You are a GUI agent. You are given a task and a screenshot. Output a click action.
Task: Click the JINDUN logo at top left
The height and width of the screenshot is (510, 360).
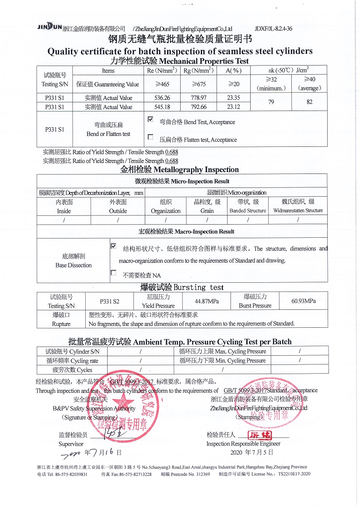tap(49, 28)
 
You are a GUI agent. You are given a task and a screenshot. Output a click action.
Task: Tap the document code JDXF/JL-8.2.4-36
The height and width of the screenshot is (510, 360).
tap(273, 28)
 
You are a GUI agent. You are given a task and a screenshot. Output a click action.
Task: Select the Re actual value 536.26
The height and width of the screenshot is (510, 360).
tap(159, 98)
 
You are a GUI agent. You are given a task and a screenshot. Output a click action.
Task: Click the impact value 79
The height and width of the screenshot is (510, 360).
tap(271, 102)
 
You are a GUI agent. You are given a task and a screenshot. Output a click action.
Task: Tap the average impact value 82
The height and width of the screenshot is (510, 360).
tap(310, 102)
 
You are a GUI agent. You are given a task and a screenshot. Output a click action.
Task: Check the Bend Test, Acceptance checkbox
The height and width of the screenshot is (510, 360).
tap(150, 119)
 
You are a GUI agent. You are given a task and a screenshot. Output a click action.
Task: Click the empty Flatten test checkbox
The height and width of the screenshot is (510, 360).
tap(150, 137)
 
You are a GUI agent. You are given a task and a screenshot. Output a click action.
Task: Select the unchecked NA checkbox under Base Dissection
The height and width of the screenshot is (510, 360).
tap(113, 273)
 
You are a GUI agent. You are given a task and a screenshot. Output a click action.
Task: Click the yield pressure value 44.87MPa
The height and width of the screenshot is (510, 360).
tap(207, 301)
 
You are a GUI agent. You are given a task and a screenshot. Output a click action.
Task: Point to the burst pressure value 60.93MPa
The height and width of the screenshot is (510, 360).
tap(304, 301)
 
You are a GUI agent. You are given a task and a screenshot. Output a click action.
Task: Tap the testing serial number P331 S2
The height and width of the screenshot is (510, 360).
tap(109, 301)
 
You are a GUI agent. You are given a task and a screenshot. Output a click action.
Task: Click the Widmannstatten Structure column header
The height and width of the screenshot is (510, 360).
tap(298, 206)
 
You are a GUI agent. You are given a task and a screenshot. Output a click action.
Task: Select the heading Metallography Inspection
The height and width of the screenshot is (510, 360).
tap(179, 170)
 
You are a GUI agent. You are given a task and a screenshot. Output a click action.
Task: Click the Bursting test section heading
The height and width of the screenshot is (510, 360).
tap(182, 287)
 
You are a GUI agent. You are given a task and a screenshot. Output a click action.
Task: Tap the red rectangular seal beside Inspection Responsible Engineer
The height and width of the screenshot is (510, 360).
tap(260, 435)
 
